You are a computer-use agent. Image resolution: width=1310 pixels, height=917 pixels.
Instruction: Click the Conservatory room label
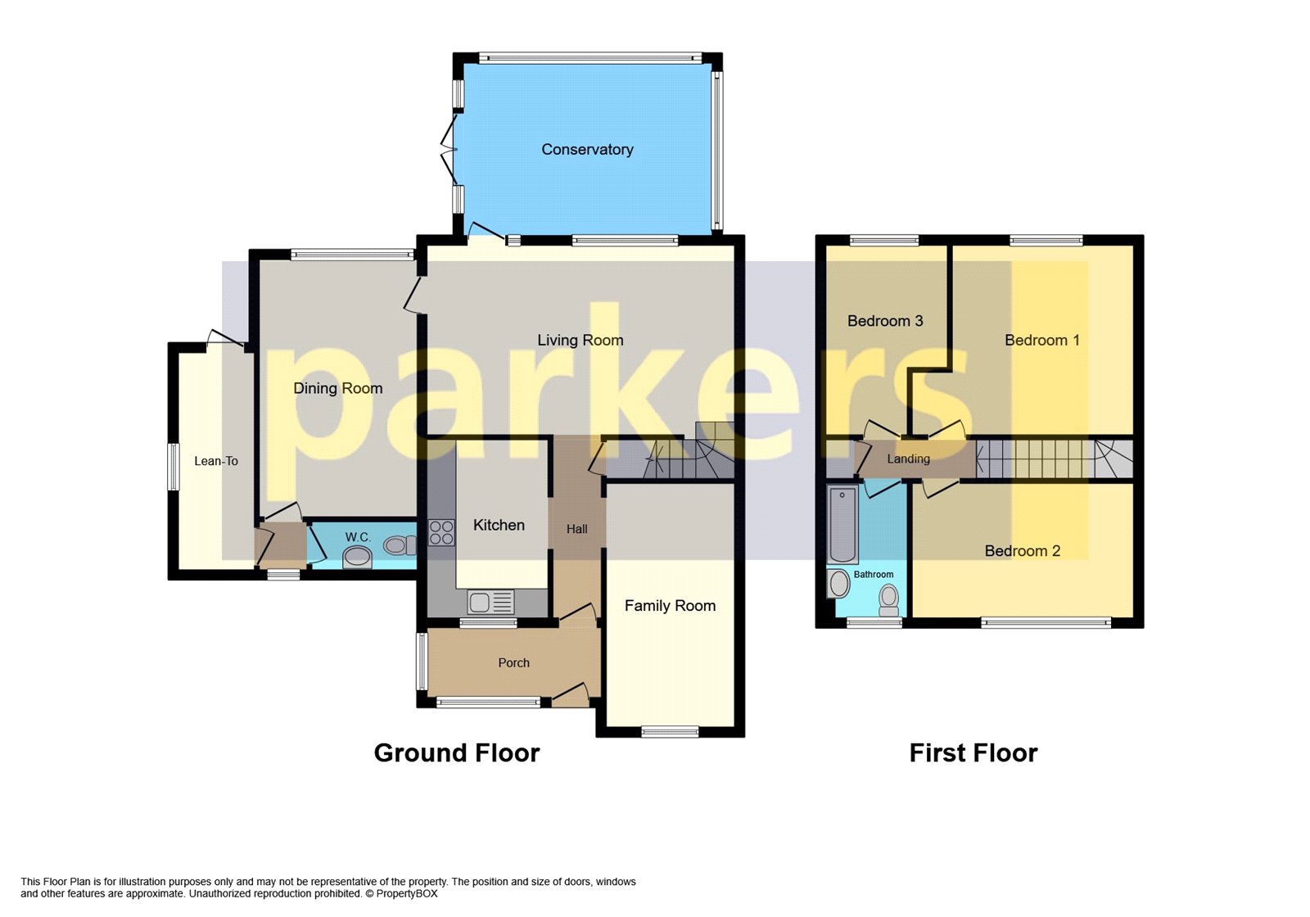click(587, 149)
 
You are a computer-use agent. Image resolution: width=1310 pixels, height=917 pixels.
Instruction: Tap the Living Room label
click(580, 340)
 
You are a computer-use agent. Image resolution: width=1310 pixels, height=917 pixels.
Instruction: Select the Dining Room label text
click(337, 388)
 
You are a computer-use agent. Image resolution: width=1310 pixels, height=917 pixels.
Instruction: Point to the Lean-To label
click(216, 461)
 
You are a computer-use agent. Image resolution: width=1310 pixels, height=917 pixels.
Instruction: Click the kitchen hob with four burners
click(441, 532)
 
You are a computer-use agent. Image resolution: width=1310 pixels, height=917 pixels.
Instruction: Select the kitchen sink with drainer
click(490, 603)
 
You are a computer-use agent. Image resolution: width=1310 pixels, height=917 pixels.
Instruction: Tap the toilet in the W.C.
click(400, 544)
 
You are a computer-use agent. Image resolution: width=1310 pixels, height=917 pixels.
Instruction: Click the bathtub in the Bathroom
click(842, 524)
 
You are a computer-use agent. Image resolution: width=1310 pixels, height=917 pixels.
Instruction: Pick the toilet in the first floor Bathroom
click(888, 600)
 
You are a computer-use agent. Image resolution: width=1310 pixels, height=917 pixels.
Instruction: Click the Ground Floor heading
click(456, 752)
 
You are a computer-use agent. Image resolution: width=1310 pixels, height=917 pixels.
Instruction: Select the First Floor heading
click(973, 752)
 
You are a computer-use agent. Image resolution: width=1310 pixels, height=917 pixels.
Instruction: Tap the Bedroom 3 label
click(884, 321)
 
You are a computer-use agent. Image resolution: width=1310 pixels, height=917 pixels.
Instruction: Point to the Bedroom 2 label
click(1022, 551)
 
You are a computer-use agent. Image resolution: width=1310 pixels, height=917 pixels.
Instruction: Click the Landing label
click(908, 458)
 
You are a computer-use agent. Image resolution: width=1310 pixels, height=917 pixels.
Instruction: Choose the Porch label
click(513, 662)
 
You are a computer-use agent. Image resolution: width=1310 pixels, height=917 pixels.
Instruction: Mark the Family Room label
click(670, 605)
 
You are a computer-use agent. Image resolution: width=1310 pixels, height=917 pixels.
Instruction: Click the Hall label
click(576, 529)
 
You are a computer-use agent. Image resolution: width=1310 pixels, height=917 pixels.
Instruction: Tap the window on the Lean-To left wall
click(173, 467)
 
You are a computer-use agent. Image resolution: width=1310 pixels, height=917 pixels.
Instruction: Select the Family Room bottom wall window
click(670, 731)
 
